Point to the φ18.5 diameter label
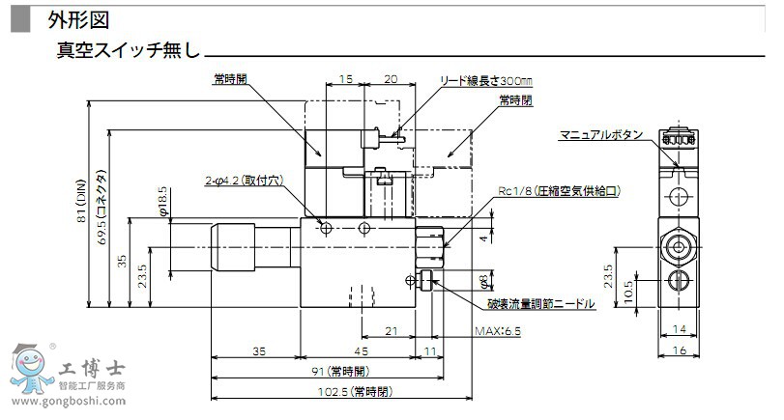click(162, 200)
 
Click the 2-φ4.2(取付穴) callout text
click(244, 181)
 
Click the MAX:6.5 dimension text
click(498, 331)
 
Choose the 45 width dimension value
click(362, 350)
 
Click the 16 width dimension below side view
click(680, 350)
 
